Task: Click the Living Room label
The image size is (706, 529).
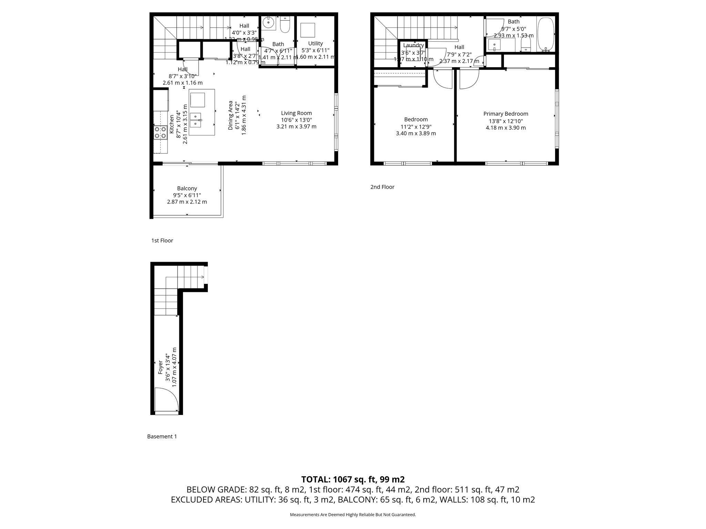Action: point(296,113)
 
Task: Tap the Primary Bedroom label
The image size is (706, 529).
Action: point(505,114)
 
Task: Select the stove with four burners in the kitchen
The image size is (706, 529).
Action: point(160,133)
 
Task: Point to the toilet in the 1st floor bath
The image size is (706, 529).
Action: point(285,24)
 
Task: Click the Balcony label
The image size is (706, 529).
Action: point(187,188)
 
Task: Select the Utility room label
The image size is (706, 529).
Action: point(315,43)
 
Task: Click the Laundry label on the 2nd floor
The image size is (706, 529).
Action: point(413,45)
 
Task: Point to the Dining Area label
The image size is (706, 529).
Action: point(231,115)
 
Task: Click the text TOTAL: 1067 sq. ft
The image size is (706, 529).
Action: point(353,479)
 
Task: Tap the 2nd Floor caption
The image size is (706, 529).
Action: point(382,187)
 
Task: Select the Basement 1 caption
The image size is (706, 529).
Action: point(162,436)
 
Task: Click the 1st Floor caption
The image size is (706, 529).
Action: point(162,240)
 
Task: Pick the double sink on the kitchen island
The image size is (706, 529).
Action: point(195,120)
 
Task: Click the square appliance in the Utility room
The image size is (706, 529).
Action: point(307,30)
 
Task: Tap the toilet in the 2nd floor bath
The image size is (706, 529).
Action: point(525,44)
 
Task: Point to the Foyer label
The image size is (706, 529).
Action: point(160,367)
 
